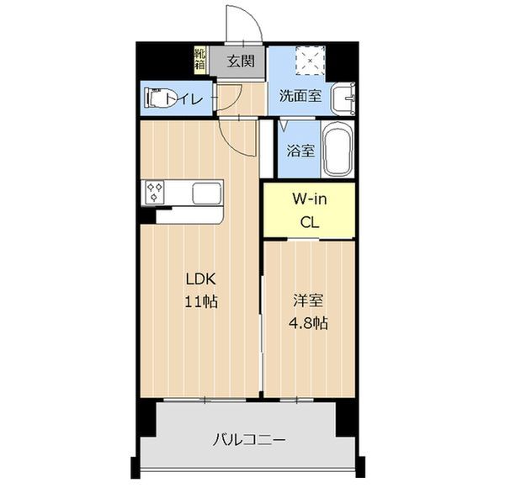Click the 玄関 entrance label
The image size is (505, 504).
[x=241, y=61]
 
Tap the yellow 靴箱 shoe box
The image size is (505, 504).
[x=200, y=61]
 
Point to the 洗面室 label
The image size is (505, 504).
[x=300, y=96]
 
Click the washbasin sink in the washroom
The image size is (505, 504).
[x=343, y=98]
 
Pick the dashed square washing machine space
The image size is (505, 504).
[x=311, y=61]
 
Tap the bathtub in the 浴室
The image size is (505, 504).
[x=338, y=150]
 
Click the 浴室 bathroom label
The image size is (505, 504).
[x=300, y=151]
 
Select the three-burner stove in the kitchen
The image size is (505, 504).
[x=155, y=193]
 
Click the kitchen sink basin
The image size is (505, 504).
[x=207, y=193]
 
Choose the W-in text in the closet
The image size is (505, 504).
[x=309, y=199]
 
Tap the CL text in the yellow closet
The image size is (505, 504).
[x=310, y=222]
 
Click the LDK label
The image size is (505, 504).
[x=200, y=279]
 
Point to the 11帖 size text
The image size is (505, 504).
[x=201, y=302]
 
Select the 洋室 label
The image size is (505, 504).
[x=308, y=300]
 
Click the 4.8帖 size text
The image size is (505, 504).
[x=308, y=323]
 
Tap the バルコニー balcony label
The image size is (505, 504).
[x=248, y=440]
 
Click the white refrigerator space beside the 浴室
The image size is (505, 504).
[x=267, y=149]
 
